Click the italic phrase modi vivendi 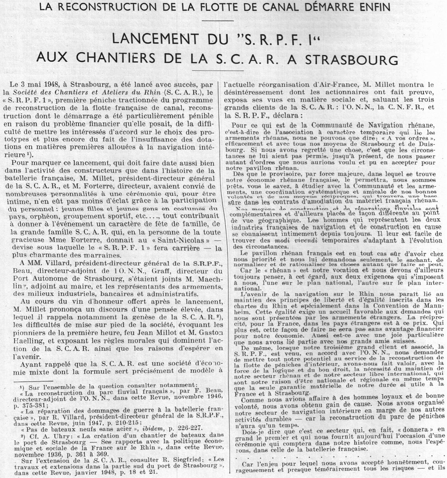pyautogui.click(x=297, y=240)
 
